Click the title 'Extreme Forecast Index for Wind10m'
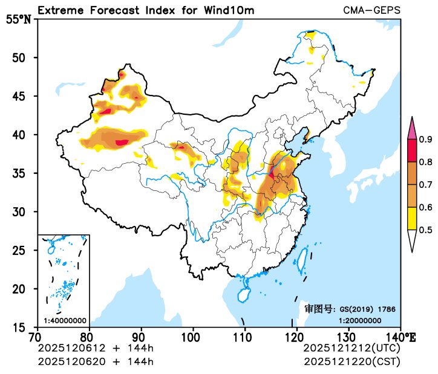click(145, 10)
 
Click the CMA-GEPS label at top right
click(371, 10)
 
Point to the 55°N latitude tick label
click(18, 19)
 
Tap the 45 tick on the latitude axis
click(25, 96)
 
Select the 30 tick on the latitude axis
click(25, 211)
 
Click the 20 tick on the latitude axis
click(25, 289)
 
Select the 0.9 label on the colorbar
click(426, 140)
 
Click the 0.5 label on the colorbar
click(426, 230)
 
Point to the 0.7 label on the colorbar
click(426, 185)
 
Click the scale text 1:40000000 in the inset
click(65, 321)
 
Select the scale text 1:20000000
click(359, 321)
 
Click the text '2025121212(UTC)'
click(351, 348)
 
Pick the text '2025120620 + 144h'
click(96, 361)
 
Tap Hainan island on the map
click(244, 294)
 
